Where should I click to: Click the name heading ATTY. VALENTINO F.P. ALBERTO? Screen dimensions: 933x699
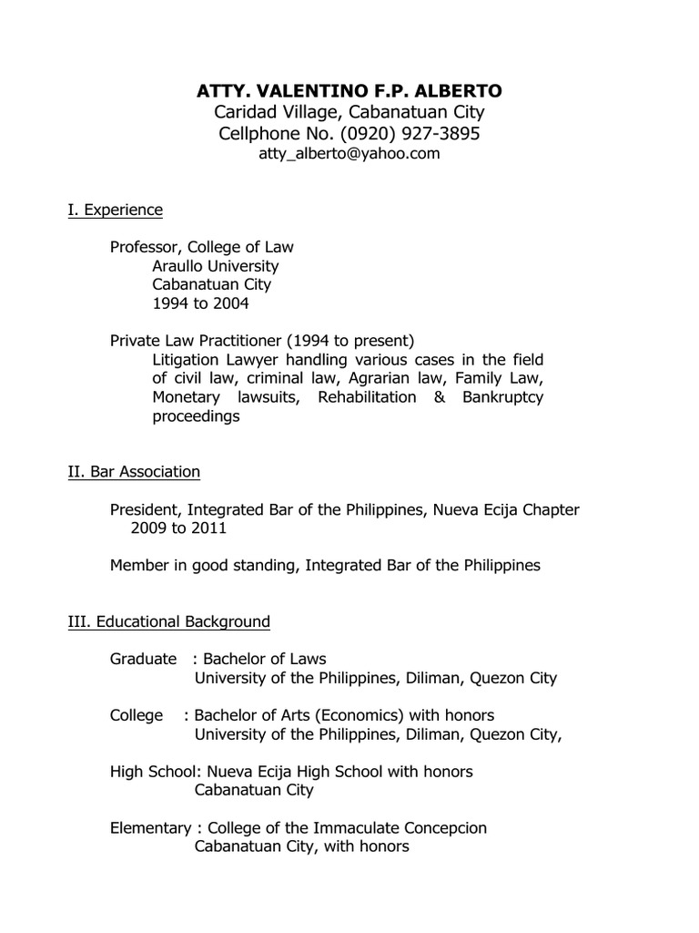point(349,91)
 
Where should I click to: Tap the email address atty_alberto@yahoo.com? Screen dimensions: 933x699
point(349,154)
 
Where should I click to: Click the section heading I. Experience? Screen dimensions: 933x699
point(116,210)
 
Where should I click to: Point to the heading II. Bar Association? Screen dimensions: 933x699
point(134,472)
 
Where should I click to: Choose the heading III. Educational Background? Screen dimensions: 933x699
point(169,622)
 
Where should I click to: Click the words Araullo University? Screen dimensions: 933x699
point(215,266)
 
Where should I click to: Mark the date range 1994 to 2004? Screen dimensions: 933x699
point(199,303)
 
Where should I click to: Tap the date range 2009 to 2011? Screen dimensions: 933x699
point(178,528)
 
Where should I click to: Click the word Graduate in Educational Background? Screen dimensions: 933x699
point(143,659)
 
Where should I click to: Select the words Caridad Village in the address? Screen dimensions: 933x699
point(268,113)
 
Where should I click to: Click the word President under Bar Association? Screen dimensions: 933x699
point(144,510)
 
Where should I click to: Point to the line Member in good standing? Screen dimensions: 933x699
point(325,566)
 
